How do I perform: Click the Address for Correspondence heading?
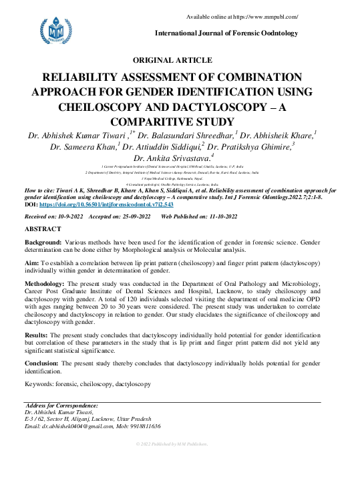(x=63, y=405)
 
